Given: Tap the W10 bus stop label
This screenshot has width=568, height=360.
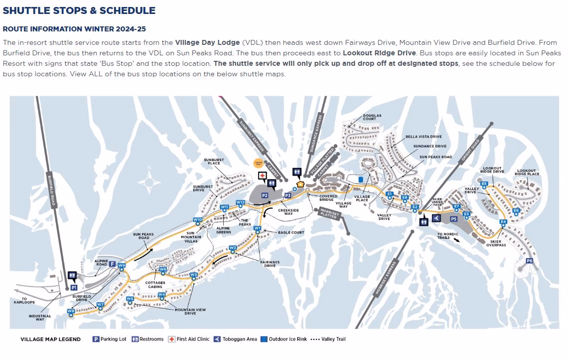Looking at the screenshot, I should tap(198, 219).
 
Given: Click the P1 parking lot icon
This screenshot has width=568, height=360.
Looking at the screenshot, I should tap(74, 288).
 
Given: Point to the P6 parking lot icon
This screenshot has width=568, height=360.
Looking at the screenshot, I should tap(529, 261).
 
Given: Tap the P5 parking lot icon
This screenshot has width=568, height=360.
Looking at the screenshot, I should tap(453, 219).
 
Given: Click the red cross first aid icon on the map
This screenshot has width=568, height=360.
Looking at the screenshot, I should tap(262, 176).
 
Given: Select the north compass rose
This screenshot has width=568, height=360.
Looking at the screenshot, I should tap(148, 182).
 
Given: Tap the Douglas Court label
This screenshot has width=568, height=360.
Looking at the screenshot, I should tap(372, 117).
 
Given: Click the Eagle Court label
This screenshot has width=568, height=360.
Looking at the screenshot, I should tap(291, 232).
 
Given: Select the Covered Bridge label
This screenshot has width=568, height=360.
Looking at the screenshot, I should tap(328, 198).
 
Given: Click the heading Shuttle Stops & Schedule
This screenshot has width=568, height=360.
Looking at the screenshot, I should tap(79, 10).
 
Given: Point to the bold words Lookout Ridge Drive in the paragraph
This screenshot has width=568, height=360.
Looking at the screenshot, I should tap(379, 52).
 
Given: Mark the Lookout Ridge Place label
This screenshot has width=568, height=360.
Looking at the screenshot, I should tap(528, 173).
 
